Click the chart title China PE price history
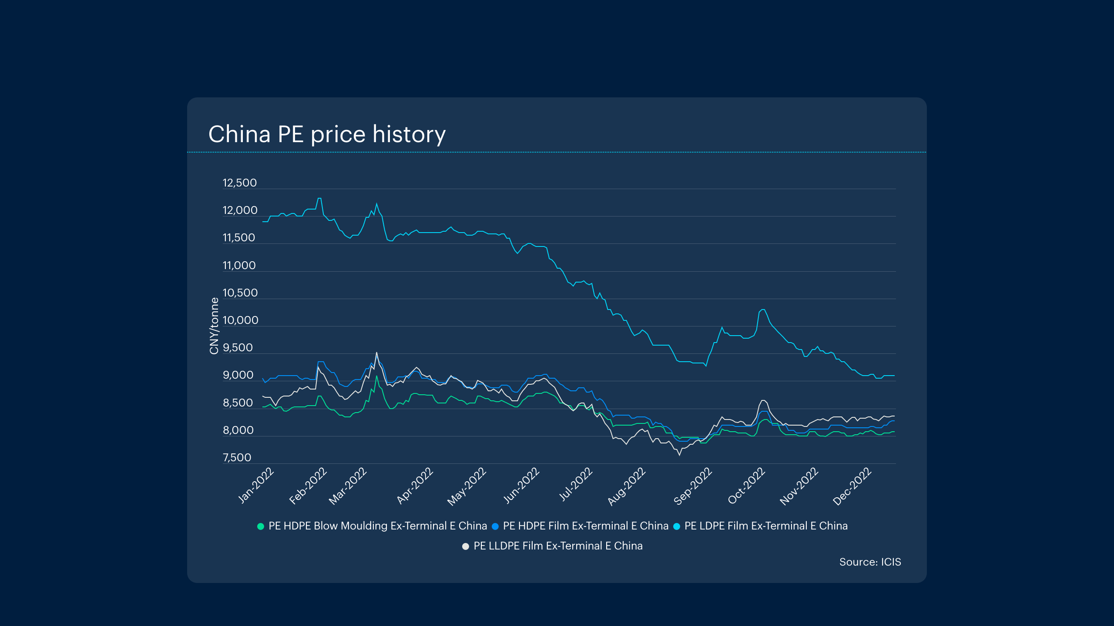[327, 134]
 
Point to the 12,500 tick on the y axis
[239, 183]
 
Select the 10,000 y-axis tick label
[240, 320]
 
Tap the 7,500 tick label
[237, 457]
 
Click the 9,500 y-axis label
[238, 348]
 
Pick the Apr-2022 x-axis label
[415, 485]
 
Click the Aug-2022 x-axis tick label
[627, 486]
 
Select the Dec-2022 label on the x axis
[852, 486]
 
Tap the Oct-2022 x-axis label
[746, 485]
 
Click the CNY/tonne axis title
[214, 326]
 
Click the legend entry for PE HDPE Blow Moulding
[377, 526]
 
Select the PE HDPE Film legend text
[585, 526]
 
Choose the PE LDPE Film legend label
[766, 526]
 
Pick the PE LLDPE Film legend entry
[558, 546]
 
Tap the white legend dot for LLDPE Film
[466, 546]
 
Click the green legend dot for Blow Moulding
[261, 526]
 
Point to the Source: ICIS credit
[870, 562]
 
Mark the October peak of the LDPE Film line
[762, 310]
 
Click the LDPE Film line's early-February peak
[319, 198]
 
